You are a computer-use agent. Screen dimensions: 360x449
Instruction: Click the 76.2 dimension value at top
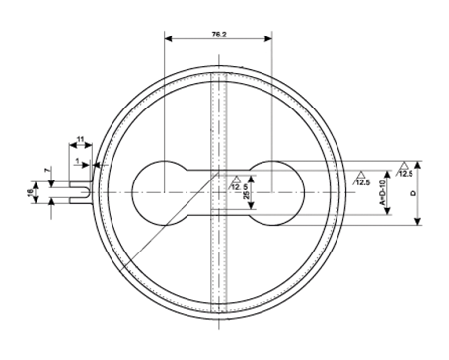pyautogui.click(x=218, y=33)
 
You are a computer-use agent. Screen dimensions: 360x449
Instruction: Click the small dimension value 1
pyautogui.click(x=77, y=159)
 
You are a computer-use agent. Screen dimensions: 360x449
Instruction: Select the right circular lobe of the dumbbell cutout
pyautogui.click(x=275, y=191)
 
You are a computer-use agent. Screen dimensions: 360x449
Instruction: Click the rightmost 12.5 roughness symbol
pyautogui.click(x=405, y=171)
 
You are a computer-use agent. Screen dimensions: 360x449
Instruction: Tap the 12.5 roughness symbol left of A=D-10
pyautogui.click(x=361, y=180)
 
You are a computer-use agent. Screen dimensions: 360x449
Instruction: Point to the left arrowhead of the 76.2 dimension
pyautogui.click(x=169, y=40)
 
